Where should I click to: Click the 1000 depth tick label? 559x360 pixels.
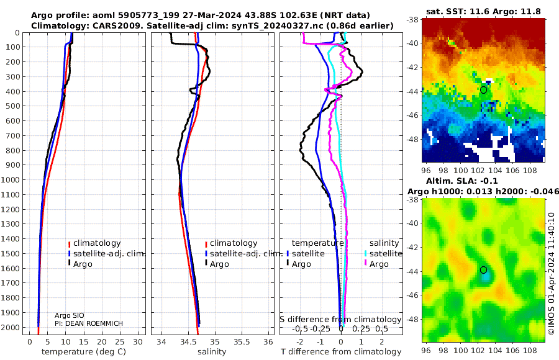pos(11,180)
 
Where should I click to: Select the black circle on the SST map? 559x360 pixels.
pos(483,90)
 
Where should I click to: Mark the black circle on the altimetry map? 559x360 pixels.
pos(483,270)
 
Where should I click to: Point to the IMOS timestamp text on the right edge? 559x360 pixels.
pos(552,273)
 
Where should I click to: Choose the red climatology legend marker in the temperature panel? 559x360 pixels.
pos(70,243)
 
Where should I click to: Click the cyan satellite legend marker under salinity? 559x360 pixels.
pos(365,254)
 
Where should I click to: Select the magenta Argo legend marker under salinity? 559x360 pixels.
pos(365,264)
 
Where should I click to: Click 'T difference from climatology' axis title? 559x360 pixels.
pos(340,352)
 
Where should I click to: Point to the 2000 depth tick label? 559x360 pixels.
pos(11,327)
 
